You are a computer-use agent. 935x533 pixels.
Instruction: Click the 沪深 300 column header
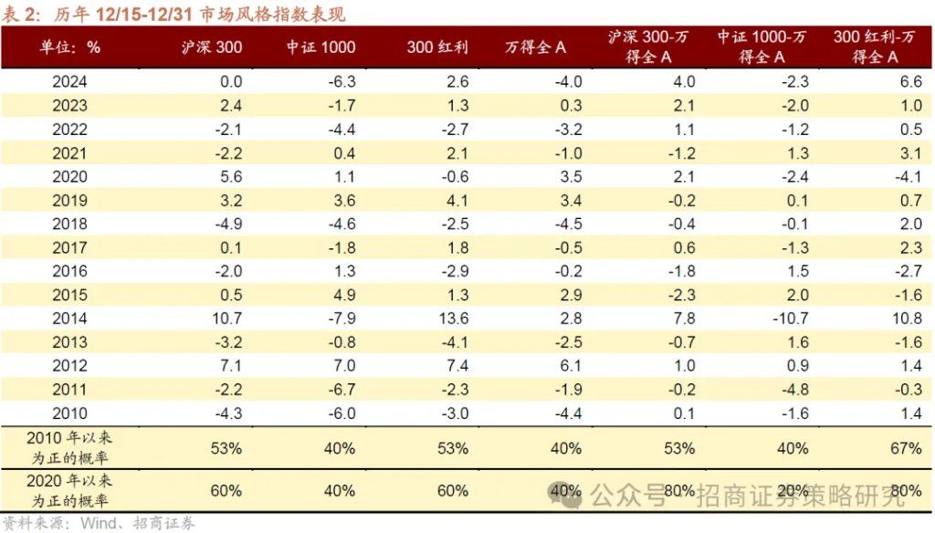[211, 47]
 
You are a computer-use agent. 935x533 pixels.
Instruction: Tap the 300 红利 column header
[436, 47]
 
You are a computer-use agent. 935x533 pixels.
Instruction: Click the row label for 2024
[70, 82]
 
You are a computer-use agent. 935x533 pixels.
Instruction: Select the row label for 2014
[70, 319]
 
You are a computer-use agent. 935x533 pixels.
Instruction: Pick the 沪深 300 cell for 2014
[224, 319]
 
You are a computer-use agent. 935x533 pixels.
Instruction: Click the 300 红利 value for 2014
[453, 319]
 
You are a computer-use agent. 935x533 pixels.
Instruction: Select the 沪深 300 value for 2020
[228, 176]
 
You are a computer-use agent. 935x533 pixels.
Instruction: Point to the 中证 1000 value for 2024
[339, 82]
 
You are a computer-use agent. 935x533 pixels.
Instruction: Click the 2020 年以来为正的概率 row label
[70, 490]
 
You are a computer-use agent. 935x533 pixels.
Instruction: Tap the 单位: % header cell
[70, 47]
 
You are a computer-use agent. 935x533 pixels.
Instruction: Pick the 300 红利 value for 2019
[457, 200]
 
